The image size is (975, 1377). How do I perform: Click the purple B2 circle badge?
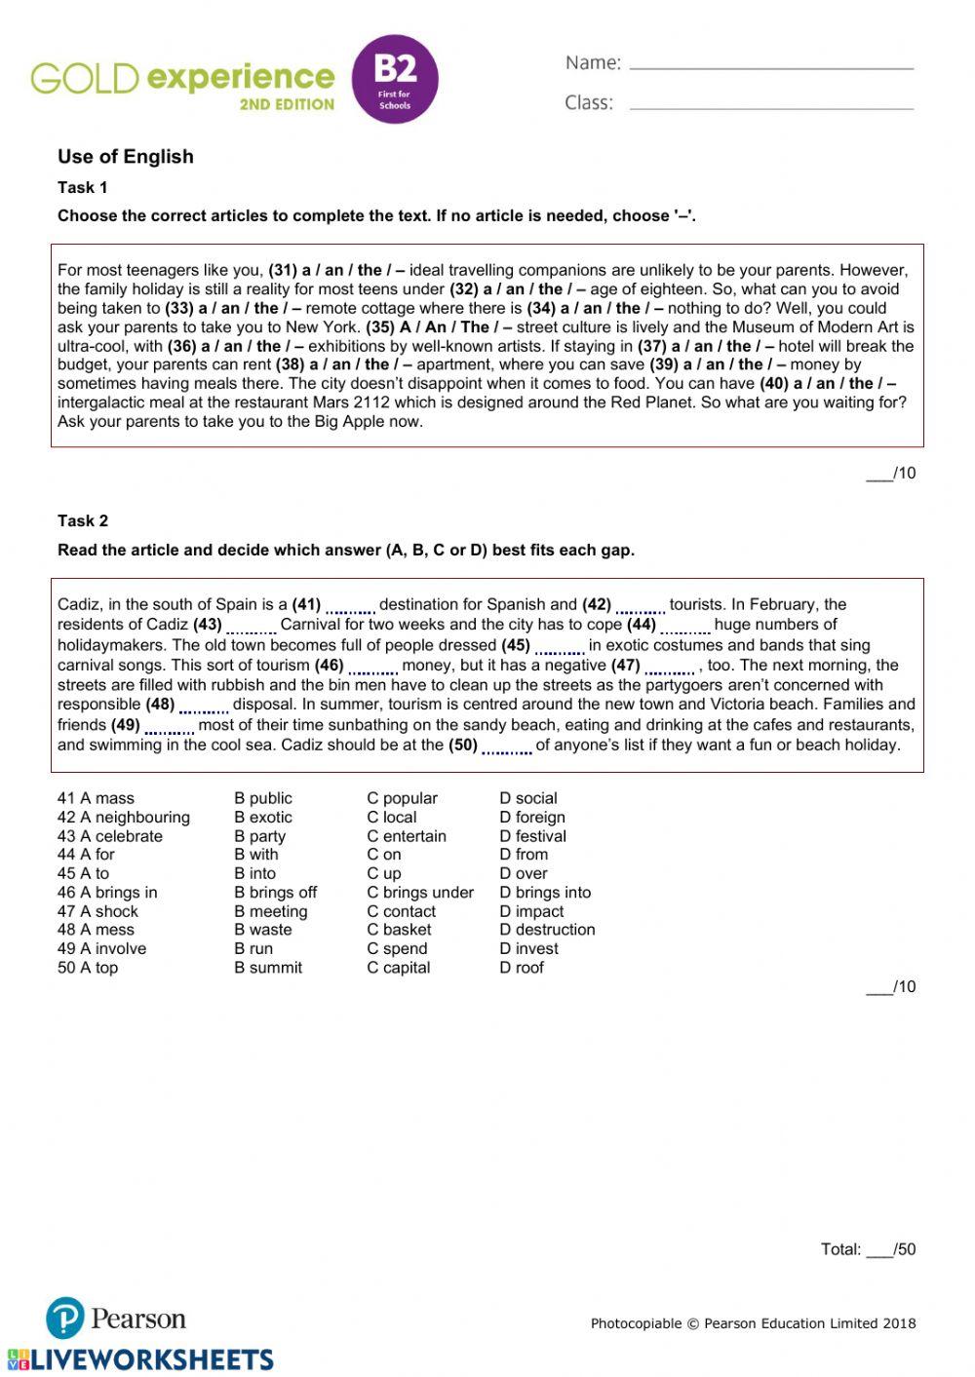pos(394,80)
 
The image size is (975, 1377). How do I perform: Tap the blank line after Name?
pos(771,66)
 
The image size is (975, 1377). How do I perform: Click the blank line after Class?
pos(771,106)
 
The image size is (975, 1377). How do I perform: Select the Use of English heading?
pos(125,157)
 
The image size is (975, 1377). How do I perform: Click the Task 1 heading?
pos(83,188)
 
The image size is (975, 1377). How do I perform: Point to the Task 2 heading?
pos(83,521)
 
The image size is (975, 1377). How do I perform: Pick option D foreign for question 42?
pos(531,818)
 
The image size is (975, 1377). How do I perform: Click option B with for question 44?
pos(255,855)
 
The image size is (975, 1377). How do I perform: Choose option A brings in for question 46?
pos(107,893)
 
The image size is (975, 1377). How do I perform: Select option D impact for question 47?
pos(531,911)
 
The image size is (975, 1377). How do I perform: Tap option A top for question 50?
pos(88,968)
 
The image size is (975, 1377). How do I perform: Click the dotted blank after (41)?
pos(350,607)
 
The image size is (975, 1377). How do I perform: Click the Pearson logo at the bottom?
pos(115,1319)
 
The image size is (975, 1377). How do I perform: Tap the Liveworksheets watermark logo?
pos(140,1360)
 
